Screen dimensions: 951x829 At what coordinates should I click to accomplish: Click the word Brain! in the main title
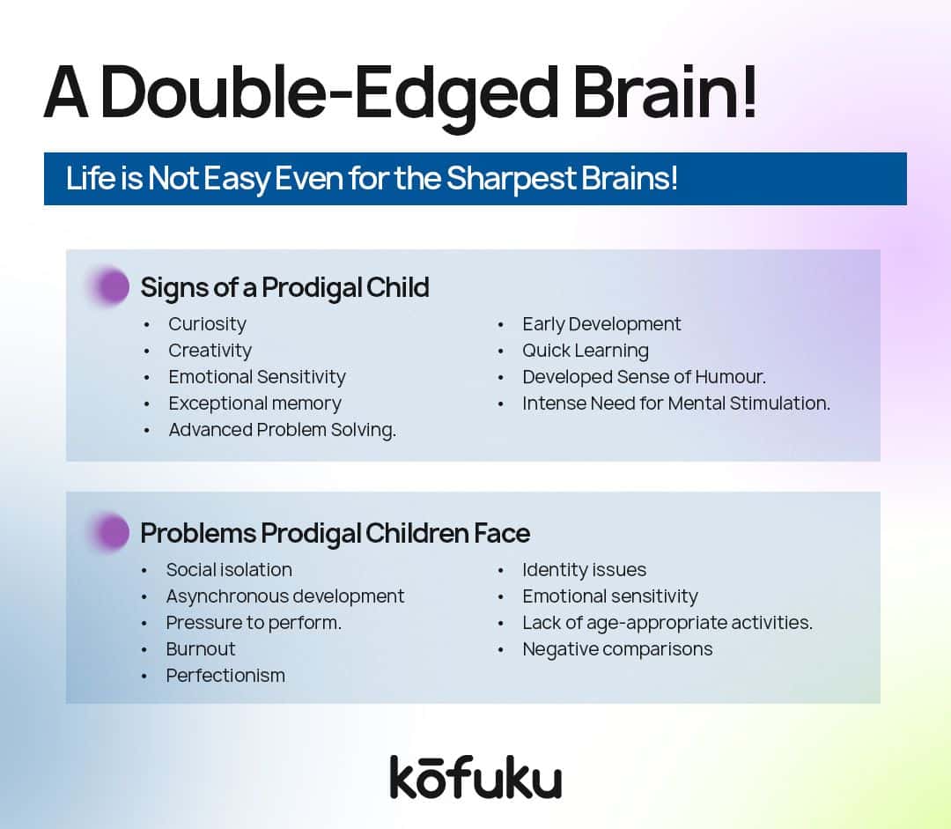click(665, 92)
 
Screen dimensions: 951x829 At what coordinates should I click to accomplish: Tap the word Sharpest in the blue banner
click(511, 179)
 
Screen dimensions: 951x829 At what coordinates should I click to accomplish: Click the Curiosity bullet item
click(208, 324)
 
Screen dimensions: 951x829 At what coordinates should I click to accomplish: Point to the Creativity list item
click(210, 350)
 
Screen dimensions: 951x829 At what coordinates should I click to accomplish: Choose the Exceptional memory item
click(254, 403)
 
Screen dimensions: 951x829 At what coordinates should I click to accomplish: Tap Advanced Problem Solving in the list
click(282, 430)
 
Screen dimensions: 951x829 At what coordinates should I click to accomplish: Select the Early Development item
click(601, 324)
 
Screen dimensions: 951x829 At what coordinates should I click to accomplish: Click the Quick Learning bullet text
click(586, 350)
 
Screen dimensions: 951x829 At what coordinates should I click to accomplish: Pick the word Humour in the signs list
click(729, 377)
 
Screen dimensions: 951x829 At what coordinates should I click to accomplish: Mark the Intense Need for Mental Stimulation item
click(676, 403)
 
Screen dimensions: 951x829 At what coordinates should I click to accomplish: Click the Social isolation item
click(229, 570)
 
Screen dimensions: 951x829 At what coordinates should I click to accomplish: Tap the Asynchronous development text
click(285, 596)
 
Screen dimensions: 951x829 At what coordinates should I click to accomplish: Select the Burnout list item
click(201, 648)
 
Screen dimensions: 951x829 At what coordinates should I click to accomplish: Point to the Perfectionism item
click(225, 676)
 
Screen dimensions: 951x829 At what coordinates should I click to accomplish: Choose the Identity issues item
click(584, 570)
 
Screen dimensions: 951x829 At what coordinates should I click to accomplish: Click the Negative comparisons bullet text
click(617, 649)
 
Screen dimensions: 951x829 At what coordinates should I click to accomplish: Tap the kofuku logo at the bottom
click(475, 777)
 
